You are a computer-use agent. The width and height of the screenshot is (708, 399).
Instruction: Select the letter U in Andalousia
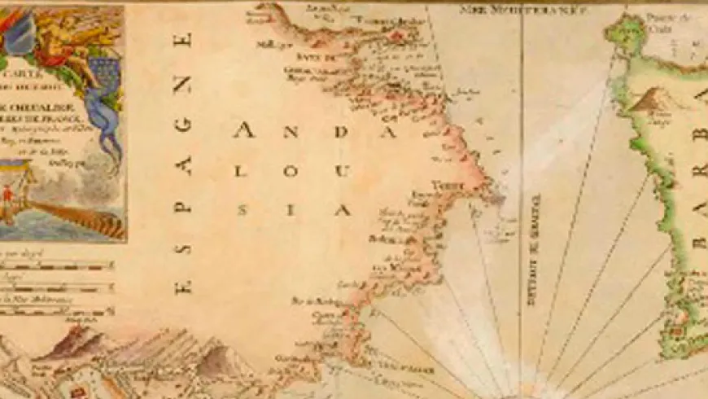coord(344,171)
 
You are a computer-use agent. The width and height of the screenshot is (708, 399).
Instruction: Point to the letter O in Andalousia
coord(294,171)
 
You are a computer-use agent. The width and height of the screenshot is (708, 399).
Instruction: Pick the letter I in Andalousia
coord(294,210)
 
